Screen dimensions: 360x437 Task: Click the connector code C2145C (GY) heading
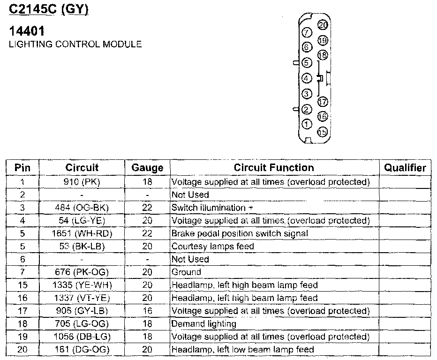coord(49,10)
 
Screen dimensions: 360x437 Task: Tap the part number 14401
coord(27,32)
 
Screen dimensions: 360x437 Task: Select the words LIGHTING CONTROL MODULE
coord(75,45)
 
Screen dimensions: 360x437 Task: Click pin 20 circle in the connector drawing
coord(323,25)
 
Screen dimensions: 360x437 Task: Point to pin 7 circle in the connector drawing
coord(308,32)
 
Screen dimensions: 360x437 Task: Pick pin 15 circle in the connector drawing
coord(323,132)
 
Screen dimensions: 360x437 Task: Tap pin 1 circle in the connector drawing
coord(307,124)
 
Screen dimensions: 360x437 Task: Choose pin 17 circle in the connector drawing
coord(323,101)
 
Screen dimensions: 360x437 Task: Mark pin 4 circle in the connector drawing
coord(307,78)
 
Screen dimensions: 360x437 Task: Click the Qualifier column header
coord(405,168)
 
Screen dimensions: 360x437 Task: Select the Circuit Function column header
coord(274,168)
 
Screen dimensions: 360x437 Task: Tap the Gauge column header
coord(147,168)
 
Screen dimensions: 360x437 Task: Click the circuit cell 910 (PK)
coord(82,182)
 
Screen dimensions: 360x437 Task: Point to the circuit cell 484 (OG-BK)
coord(82,208)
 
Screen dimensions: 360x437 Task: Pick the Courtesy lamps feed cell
coord(213,246)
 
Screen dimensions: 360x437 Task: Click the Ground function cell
coord(186,272)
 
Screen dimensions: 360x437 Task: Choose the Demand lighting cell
coord(204,323)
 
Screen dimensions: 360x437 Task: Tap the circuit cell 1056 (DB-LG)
coord(82,337)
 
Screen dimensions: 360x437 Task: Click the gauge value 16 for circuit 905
coord(147,311)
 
